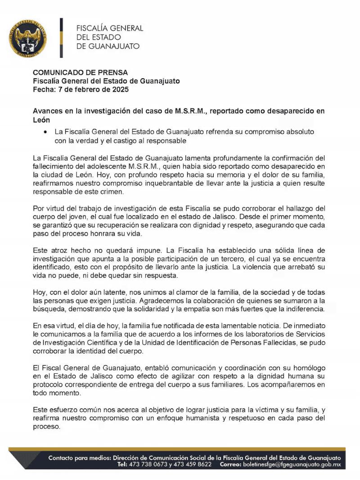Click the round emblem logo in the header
(27, 38)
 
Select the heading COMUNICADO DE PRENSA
(81, 72)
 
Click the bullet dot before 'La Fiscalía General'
(45, 133)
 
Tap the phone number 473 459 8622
(193, 464)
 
